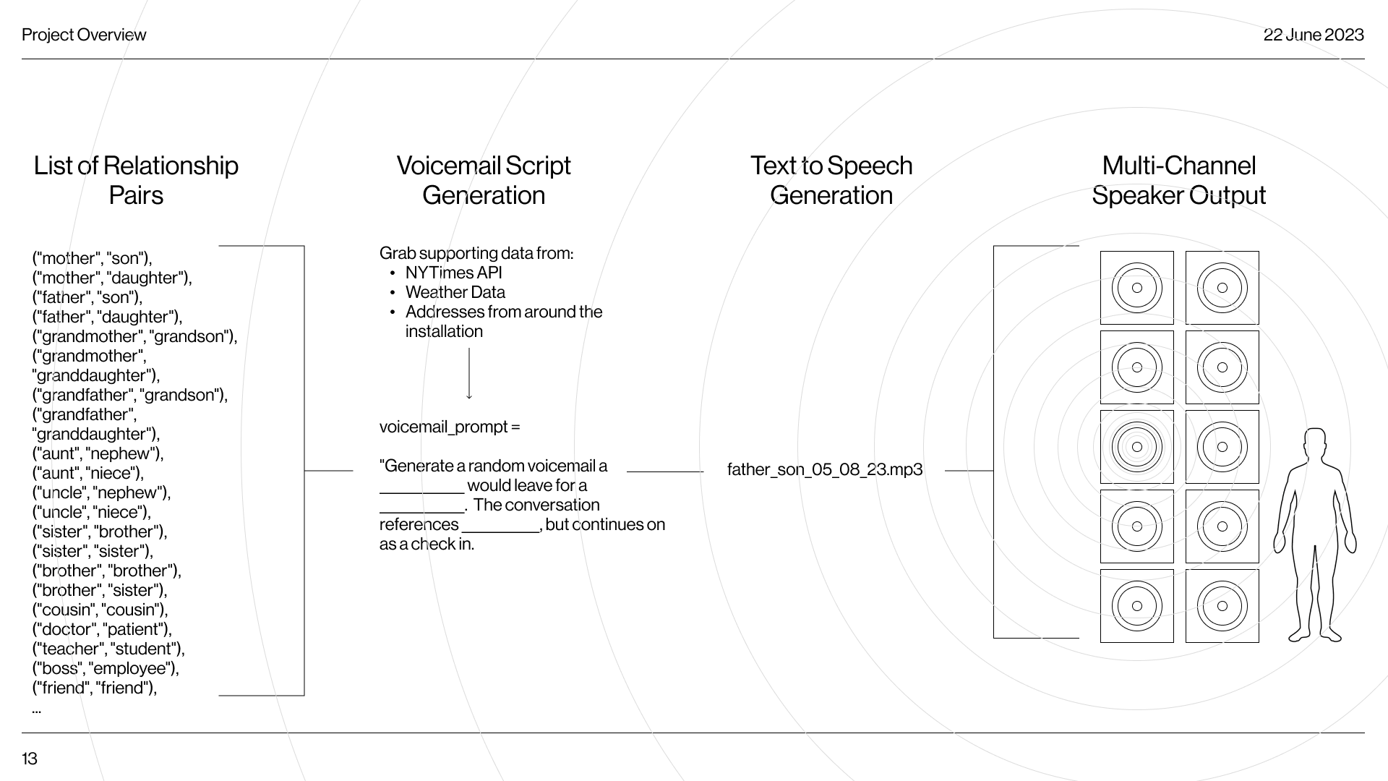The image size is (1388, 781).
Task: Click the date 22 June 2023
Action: click(x=1313, y=35)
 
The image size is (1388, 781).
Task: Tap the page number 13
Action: click(x=30, y=759)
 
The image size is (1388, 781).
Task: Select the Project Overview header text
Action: click(x=84, y=35)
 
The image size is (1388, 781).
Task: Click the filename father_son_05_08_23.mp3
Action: click(x=825, y=470)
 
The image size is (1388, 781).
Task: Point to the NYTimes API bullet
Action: click(x=453, y=273)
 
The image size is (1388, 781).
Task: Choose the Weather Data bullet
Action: click(x=455, y=293)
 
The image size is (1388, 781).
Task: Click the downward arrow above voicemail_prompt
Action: click(x=469, y=374)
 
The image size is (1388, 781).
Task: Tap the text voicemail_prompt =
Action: click(x=449, y=427)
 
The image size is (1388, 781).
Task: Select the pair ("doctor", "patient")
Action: click(x=102, y=630)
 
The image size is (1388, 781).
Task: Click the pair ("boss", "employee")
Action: click(x=106, y=669)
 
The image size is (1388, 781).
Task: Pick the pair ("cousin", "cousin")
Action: click(x=100, y=610)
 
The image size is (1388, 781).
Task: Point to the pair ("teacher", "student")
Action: click(x=108, y=649)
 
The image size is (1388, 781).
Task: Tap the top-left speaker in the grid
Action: click(x=1136, y=288)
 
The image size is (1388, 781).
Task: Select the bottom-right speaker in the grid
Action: click(x=1222, y=606)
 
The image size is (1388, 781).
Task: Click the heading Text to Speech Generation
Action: click(x=831, y=181)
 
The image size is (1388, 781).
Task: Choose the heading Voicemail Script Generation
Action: click(x=484, y=181)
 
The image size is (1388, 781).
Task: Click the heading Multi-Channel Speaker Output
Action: click(x=1178, y=181)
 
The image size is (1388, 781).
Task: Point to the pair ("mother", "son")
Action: click(x=93, y=259)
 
